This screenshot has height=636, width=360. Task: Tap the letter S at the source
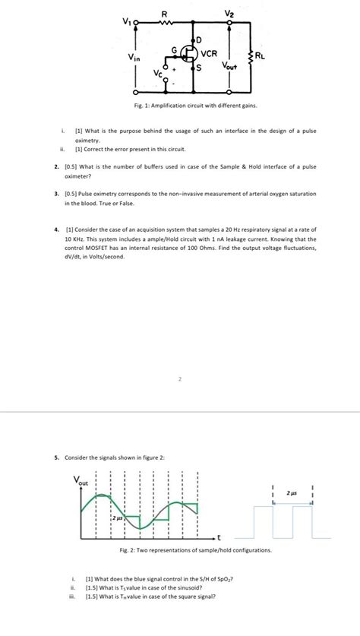[200, 69]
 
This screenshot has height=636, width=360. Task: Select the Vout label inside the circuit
[230, 68]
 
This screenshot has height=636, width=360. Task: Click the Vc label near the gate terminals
[157, 73]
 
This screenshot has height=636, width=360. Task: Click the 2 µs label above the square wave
[292, 492]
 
